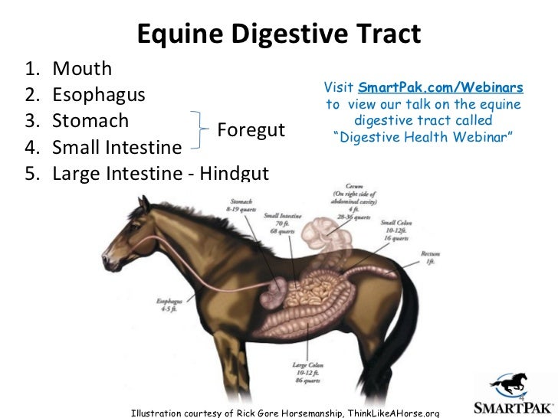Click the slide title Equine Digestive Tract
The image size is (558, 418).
279,33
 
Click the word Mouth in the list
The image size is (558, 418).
82,70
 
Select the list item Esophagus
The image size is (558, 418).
99,96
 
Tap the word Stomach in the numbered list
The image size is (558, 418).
90,122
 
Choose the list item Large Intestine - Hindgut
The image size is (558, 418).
160,173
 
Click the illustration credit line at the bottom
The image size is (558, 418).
286,412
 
